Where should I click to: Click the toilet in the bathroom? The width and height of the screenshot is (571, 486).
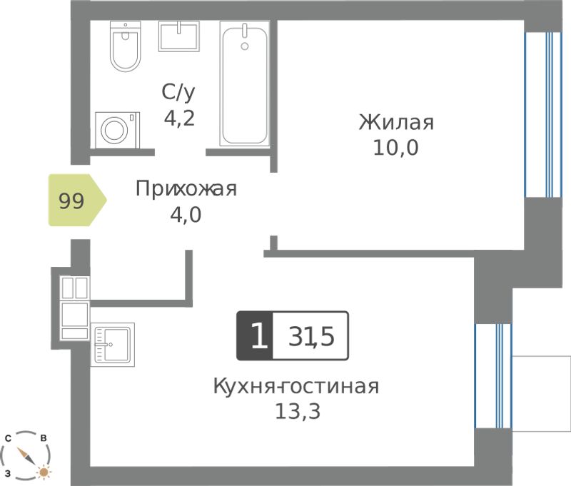126,46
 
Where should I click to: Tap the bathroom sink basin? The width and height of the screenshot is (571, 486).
179,36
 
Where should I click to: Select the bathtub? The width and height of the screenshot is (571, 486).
245,83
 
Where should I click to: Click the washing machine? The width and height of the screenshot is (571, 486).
117,130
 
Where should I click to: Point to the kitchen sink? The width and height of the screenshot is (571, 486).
113,345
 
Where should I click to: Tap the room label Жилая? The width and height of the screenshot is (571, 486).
396,122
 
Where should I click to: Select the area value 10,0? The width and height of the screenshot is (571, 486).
396,148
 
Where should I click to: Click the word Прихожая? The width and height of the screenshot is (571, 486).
186,189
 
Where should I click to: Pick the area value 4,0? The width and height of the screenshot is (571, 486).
186,215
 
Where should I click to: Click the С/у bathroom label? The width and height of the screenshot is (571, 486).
178,92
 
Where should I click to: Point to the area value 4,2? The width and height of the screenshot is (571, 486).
179,118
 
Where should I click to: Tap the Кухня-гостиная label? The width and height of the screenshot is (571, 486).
296,387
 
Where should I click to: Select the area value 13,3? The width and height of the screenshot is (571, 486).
298,412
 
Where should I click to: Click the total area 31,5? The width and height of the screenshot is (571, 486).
311,336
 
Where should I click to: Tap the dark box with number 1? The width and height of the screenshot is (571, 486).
255,335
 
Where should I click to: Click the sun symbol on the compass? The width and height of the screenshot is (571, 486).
44,472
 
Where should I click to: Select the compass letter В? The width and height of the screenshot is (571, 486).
44,438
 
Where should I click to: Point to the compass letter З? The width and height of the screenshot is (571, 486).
8,474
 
